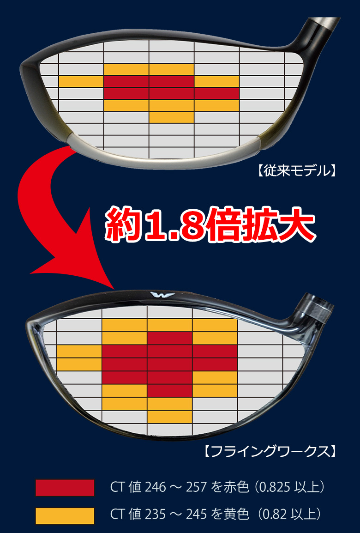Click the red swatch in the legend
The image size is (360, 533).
65,487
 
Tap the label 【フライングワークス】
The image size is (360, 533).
269,451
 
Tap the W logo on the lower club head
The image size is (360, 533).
162,295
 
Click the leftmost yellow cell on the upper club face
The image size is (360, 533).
81,82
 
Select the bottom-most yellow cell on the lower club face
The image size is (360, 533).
170,418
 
